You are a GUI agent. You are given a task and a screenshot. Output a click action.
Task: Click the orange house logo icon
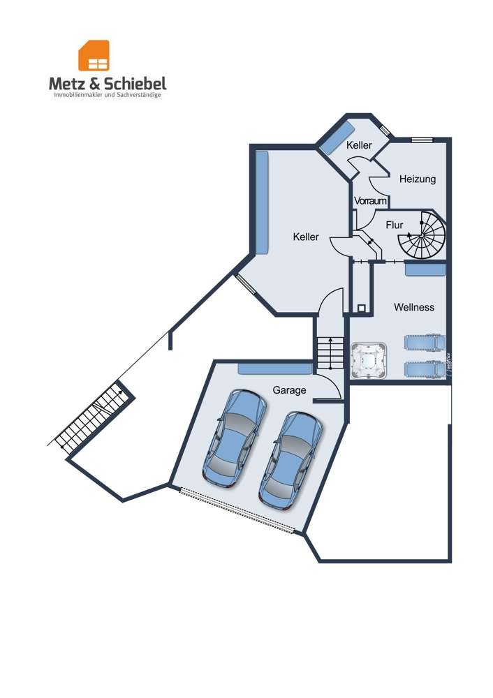point(94,56)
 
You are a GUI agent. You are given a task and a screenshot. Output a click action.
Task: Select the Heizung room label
point(418,179)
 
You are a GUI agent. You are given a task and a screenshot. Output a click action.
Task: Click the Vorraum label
point(370,201)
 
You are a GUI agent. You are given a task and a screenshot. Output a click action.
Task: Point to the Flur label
point(395,225)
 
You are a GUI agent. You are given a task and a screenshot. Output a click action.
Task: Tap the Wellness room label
point(414,307)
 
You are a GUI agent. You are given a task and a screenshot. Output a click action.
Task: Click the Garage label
point(290,390)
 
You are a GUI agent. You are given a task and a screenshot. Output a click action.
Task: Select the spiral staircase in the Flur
point(423,237)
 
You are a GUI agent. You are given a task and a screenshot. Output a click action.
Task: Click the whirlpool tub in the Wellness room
point(369,359)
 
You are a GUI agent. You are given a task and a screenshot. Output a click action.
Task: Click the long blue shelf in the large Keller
point(262,202)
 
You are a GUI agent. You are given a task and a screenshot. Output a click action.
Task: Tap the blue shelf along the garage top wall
point(274,368)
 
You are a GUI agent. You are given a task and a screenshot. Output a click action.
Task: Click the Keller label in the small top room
point(359,146)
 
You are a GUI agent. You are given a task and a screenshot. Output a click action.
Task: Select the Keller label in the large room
point(306,237)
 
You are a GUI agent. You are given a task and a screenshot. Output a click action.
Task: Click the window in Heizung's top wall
point(420,140)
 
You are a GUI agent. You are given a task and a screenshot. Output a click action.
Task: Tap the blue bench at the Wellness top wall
point(425,269)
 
